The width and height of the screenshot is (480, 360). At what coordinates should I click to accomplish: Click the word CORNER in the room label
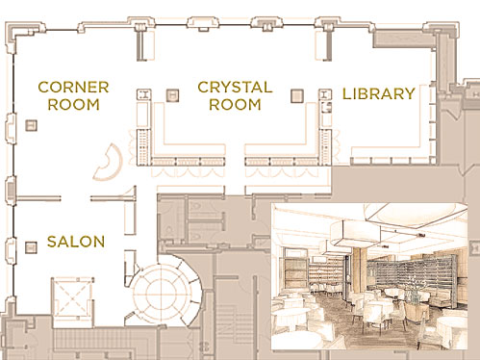[x=73, y=88]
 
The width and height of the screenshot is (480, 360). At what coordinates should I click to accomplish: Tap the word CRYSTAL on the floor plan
[x=235, y=88]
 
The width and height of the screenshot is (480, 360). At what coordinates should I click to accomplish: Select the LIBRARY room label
[x=379, y=93]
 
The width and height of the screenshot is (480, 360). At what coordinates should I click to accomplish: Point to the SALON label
[x=76, y=242]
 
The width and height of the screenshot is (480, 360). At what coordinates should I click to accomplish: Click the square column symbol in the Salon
[x=31, y=247]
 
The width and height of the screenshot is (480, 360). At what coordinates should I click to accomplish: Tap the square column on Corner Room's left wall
[x=31, y=125]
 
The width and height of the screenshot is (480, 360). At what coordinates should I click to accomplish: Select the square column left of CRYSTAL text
[x=172, y=95]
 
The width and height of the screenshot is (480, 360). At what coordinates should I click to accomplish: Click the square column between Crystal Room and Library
[x=297, y=95]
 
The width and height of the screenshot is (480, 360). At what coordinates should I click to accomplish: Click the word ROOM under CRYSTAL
[x=235, y=105]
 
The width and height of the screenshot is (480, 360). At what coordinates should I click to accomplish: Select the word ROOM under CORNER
[x=73, y=105]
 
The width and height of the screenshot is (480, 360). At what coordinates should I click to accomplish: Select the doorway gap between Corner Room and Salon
[x=76, y=198]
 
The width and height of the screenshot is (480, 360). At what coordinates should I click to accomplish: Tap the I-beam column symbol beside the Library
[x=325, y=94]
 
